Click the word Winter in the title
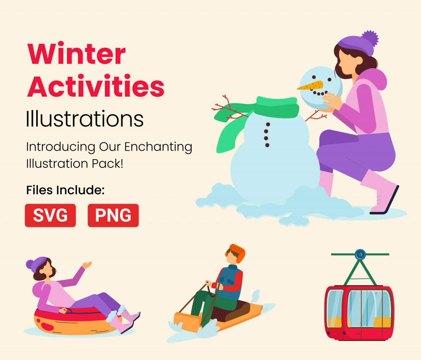76,54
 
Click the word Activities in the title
96,86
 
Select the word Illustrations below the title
85,118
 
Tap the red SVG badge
50,215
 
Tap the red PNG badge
113,215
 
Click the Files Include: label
65,190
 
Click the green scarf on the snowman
278,107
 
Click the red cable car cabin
359,312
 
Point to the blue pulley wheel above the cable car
360,254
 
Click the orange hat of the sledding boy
238,252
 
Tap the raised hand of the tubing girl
86,265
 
